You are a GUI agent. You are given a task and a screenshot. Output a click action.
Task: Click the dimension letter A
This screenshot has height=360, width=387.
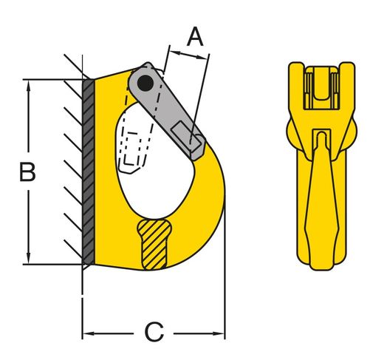[x=195, y=37]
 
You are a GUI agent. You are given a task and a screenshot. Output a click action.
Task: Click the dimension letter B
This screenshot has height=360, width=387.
[x=27, y=171]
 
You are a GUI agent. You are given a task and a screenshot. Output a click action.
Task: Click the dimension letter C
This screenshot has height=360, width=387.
[x=154, y=332]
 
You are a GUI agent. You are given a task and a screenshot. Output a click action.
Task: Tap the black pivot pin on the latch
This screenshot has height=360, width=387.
[x=145, y=84]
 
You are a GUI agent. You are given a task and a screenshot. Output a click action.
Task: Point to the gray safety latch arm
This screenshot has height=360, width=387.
[x=167, y=111]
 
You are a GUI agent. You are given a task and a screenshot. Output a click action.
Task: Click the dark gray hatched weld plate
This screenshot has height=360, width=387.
[x=89, y=171]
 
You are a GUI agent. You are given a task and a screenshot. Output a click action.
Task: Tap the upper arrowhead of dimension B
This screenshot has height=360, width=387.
[x=29, y=85]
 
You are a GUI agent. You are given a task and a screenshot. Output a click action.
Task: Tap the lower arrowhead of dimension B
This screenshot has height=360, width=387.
[x=29, y=259]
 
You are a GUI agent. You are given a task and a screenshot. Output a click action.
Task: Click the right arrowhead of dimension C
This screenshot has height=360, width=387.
[x=219, y=333]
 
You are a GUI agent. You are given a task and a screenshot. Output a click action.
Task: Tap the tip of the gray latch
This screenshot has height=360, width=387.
[x=198, y=153]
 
